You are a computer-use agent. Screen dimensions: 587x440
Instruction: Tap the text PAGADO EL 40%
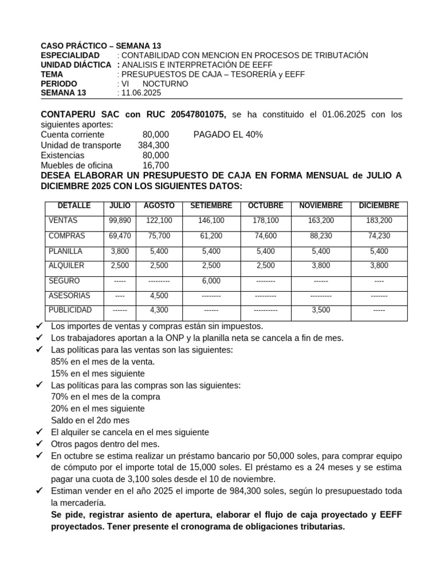228,135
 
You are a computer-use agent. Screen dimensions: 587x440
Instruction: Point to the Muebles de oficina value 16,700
156,166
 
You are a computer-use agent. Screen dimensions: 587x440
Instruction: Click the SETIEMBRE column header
211,206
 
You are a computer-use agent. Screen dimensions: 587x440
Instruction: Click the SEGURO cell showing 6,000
211,281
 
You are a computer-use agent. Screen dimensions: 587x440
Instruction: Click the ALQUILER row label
66,265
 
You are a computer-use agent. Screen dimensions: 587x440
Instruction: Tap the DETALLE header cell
74,206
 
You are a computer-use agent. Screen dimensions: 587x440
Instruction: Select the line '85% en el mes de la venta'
103,362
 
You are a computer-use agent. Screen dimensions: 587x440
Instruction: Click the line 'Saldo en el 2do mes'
90,420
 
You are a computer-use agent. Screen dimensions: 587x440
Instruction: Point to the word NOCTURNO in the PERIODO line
165,84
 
